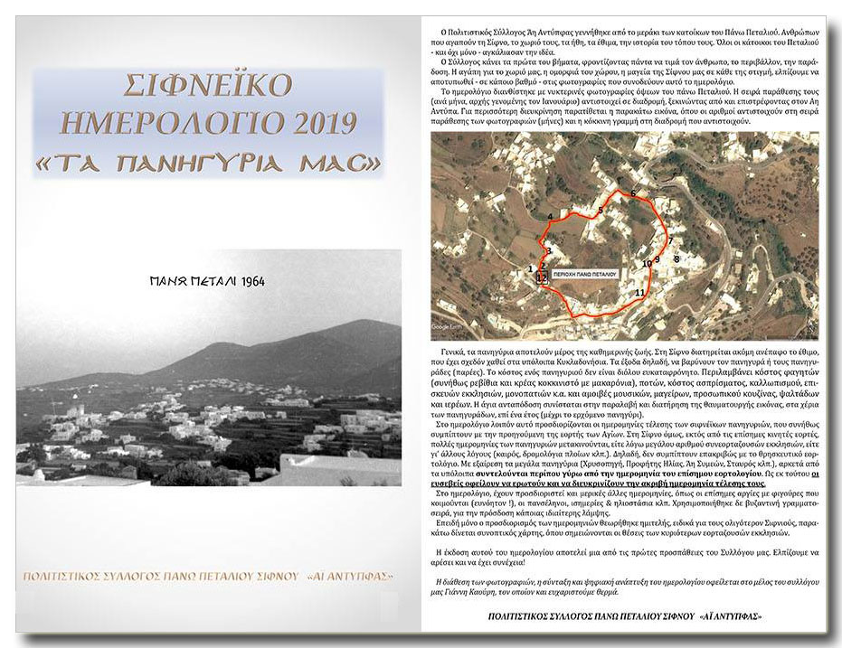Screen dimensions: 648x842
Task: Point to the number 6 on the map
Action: [633, 194]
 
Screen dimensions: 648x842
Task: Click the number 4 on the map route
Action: [550, 216]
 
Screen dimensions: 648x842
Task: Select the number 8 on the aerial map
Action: [676, 259]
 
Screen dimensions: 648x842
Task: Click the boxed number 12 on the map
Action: [542, 278]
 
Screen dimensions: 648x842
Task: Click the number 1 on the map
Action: [530, 269]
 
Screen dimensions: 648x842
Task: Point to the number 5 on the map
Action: [600, 211]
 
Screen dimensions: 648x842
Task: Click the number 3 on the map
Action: [548, 250]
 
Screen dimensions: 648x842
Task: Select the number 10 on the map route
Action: [647, 264]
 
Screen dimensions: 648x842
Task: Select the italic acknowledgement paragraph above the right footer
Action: [623, 586]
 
